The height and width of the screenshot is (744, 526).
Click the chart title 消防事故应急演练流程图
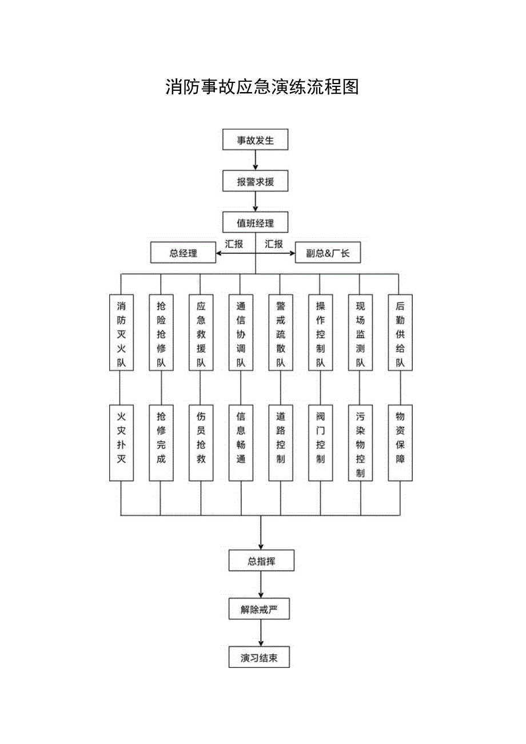pyautogui.click(x=262, y=87)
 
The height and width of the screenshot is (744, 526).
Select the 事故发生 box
pyautogui.click(x=256, y=140)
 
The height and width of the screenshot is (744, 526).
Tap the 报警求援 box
pyautogui.click(x=256, y=182)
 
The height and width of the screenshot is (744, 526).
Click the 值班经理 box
pyautogui.click(x=256, y=222)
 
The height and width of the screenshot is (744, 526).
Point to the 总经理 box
pyautogui.click(x=183, y=253)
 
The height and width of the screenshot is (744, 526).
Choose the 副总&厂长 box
pyautogui.click(x=328, y=253)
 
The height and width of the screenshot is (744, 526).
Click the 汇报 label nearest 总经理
pyautogui.click(x=234, y=244)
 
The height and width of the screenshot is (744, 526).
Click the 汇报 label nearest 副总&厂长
pyautogui.click(x=274, y=244)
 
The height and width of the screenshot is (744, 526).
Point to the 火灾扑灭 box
pyautogui.click(x=121, y=443)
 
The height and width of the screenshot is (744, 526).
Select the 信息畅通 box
pyautogui.click(x=241, y=443)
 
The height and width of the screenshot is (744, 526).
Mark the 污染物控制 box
pyautogui.click(x=360, y=443)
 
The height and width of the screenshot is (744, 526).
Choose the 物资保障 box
pyautogui.click(x=400, y=443)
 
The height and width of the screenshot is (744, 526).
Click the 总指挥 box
pyautogui.click(x=261, y=560)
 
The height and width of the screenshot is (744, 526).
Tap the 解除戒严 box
pyautogui.click(x=261, y=609)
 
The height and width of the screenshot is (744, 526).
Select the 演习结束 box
pyautogui.click(x=261, y=657)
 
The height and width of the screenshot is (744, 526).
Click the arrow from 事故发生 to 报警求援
pyautogui.click(x=256, y=161)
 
